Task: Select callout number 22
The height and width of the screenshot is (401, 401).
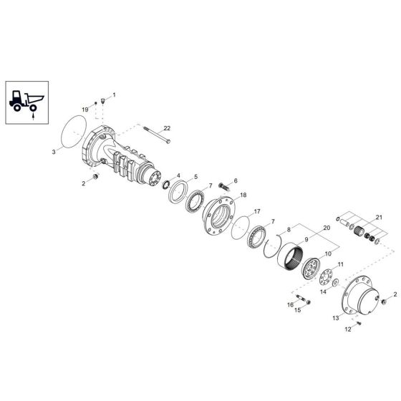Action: pos(166,127)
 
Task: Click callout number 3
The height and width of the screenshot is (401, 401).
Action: pos(54,152)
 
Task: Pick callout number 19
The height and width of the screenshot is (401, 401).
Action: pos(84,108)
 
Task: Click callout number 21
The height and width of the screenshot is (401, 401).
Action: pos(379,217)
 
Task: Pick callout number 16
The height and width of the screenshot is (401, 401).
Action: pos(291,304)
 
